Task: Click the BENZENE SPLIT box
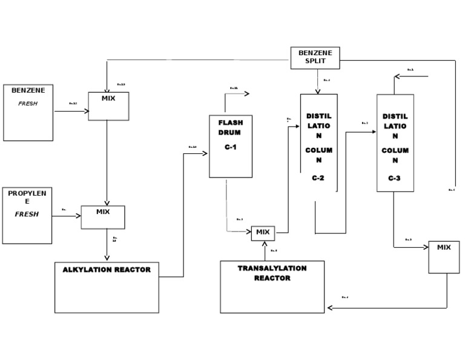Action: (x=315, y=58)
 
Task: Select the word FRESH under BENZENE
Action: (x=27, y=104)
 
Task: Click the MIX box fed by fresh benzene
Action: (x=108, y=106)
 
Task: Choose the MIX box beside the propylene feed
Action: (x=103, y=217)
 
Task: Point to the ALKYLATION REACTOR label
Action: (x=107, y=270)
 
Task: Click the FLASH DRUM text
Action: (x=230, y=127)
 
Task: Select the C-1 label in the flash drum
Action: (x=230, y=147)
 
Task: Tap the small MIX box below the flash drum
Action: (x=263, y=233)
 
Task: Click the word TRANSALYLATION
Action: (x=272, y=268)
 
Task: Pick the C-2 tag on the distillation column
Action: (x=318, y=178)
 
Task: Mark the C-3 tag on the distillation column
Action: (x=395, y=178)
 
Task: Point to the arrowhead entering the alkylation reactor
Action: (x=107, y=259)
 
